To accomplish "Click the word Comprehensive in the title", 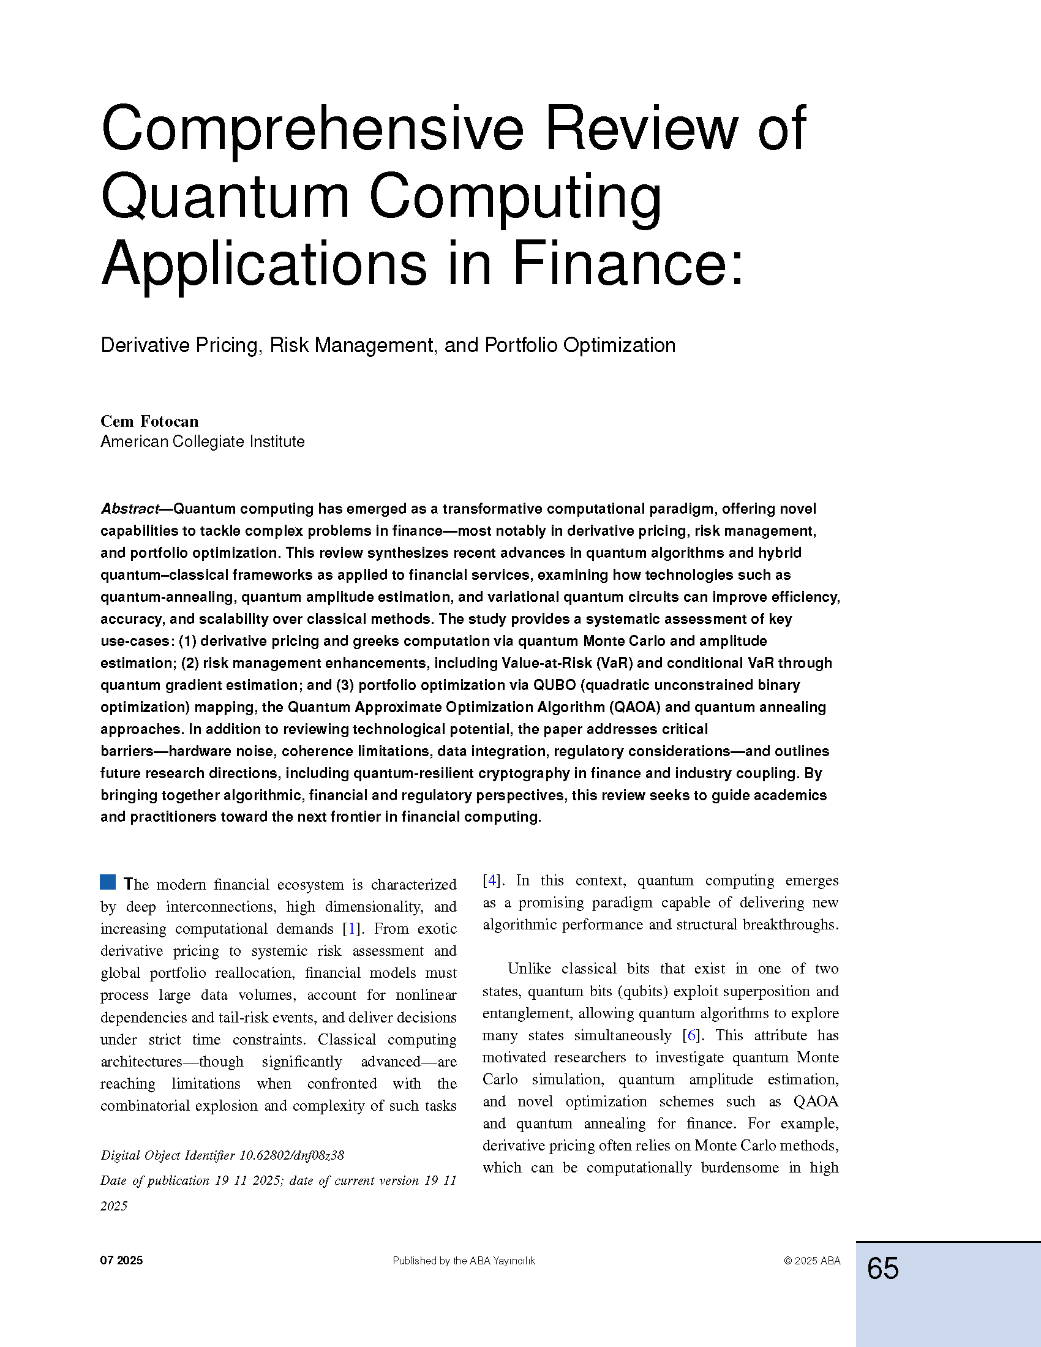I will (312, 130).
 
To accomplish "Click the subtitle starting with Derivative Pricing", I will (388, 345).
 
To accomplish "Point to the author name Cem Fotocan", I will (149, 421).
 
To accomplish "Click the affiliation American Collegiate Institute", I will (202, 441).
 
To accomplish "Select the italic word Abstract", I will (129, 509).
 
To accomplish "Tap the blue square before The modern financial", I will (108, 882).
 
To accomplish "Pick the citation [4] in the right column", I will (491, 880).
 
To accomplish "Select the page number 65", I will (882, 1269).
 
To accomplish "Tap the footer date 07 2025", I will (121, 1261).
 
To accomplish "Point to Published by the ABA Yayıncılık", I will (464, 1261).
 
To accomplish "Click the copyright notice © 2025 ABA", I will (811, 1261).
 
